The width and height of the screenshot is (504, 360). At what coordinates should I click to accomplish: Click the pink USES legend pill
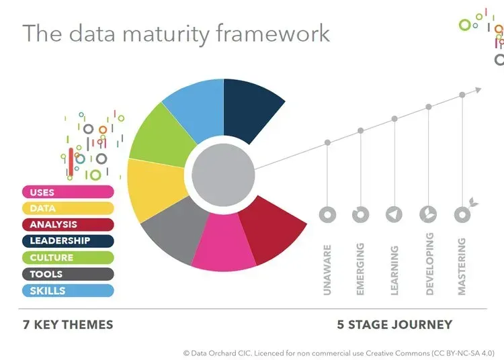click(67, 192)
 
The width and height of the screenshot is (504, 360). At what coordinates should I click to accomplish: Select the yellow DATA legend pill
click(67, 208)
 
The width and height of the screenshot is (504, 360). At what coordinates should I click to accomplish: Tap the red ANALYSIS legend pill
click(67, 225)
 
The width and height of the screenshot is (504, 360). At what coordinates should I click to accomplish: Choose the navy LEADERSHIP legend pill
click(67, 241)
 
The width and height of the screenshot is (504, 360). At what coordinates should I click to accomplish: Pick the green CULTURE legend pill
click(67, 257)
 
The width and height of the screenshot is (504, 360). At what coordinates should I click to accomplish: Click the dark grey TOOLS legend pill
click(67, 274)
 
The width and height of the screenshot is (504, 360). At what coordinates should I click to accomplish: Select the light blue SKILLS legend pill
click(67, 290)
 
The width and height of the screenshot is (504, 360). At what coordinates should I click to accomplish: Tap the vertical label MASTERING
click(462, 267)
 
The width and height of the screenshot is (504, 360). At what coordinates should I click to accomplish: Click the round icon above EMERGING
click(361, 214)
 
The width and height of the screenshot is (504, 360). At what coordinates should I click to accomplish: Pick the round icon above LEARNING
click(394, 214)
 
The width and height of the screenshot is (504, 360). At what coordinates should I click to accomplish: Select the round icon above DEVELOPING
click(428, 214)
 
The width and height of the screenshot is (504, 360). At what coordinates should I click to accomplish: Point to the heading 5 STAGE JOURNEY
click(394, 325)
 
